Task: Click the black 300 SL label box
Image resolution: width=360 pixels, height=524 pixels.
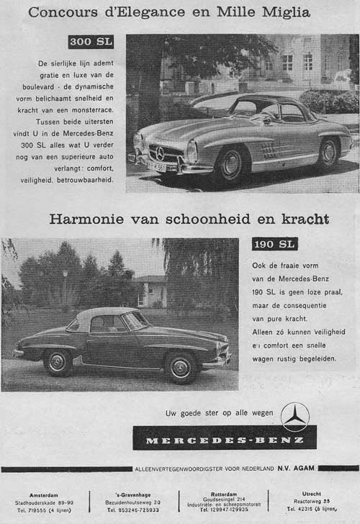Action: point(91,42)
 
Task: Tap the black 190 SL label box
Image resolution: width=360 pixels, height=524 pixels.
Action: point(274,244)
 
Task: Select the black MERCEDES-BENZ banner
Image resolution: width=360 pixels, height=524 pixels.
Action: point(224,438)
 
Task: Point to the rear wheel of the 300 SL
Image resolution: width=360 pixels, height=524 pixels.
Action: point(328,153)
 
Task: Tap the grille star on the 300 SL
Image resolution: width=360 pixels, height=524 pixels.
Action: point(160,153)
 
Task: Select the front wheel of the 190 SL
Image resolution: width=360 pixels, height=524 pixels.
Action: point(181,367)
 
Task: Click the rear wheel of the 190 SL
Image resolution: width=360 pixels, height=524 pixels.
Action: point(57,361)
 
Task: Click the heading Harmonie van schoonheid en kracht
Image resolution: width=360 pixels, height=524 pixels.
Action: point(189,219)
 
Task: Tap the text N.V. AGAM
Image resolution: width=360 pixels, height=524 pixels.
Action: point(296,469)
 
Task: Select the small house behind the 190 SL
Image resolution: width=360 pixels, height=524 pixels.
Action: point(149,291)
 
